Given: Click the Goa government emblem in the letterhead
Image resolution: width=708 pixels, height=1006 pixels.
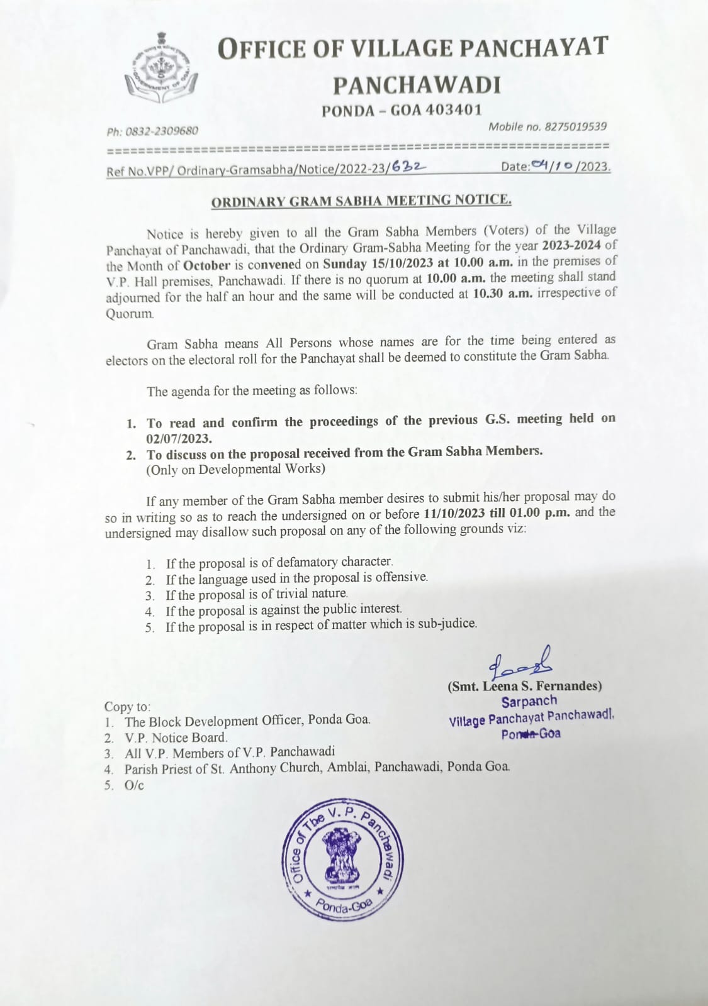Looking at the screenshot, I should (161, 69).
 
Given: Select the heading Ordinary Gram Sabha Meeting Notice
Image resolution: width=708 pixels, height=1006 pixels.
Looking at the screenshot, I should (361, 201).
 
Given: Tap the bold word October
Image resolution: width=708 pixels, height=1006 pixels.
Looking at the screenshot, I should (206, 265).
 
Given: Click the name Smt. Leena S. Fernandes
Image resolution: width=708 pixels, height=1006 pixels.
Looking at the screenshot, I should (525, 686).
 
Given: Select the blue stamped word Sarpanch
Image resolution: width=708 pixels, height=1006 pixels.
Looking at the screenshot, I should (529, 702).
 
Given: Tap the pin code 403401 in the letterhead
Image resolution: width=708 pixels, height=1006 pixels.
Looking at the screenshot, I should (453, 110).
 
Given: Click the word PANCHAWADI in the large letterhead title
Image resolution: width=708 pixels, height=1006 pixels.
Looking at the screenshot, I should (417, 85).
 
